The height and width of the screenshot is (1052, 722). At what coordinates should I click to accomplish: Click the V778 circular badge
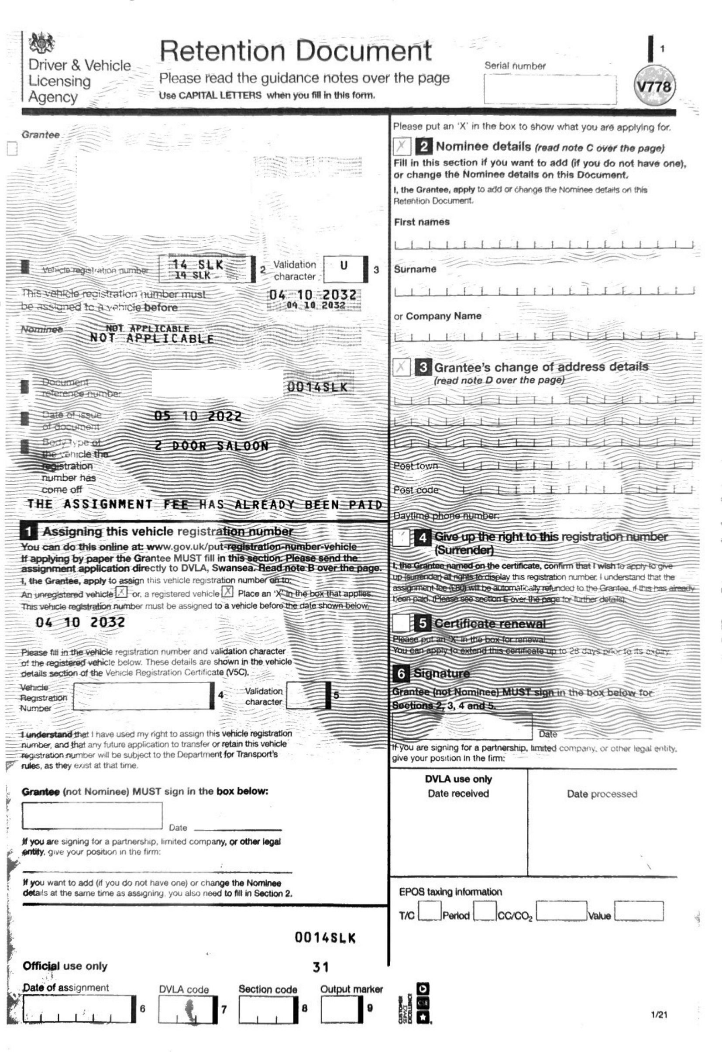point(655,86)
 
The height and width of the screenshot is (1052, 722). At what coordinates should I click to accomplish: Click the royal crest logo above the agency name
point(41,44)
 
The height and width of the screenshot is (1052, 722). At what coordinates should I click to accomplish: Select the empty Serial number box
point(550,89)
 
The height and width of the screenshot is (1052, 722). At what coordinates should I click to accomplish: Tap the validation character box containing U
point(344,269)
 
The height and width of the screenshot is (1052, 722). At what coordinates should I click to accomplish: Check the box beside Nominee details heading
point(401,146)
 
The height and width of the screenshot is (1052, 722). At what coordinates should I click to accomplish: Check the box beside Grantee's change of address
point(401,367)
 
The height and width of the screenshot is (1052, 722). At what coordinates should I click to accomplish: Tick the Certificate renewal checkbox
point(401,623)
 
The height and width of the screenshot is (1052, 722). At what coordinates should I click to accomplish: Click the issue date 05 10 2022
point(198,416)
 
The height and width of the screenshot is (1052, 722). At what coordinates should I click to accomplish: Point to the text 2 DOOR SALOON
point(211,446)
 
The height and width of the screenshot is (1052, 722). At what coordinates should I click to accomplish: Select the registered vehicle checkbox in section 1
point(227,592)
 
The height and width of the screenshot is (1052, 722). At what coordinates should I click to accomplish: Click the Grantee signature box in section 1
point(92,816)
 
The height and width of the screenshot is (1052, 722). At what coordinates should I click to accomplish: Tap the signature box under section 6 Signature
point(461,727)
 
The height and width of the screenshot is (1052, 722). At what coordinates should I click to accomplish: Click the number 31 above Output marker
point(320,967)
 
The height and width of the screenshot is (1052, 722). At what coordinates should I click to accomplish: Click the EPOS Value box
point(638,911)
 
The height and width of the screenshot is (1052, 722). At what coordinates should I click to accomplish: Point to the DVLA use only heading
point(458,779)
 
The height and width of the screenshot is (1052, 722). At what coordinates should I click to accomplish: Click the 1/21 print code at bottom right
point(659,1014)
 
